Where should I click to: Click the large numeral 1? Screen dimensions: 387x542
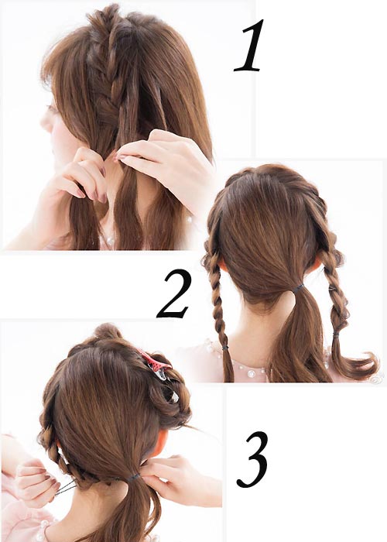tap(249, 45)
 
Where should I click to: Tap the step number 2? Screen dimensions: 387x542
tap(173, 293)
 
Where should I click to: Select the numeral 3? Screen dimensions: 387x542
tap(253, 459)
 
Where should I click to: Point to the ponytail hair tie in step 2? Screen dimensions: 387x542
tap(298, 288)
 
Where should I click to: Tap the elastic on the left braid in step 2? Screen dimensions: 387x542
tap(225, 346)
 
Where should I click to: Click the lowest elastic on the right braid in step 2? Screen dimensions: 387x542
tap(336, 334)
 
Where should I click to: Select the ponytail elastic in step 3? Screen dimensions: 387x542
tap(132, 478)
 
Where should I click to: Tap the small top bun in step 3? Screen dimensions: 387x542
tap(108, 332)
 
